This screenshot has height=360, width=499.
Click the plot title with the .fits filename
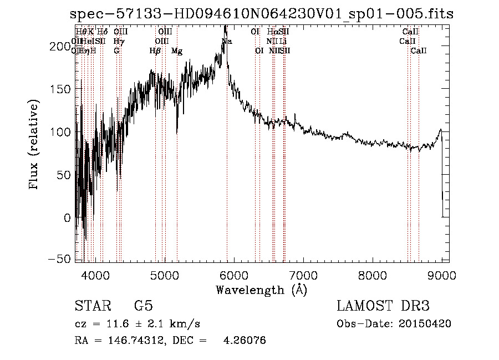click(x=262, y=14)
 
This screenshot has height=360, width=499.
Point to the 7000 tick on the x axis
click(x=303, y=274)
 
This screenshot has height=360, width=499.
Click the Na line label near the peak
click(x=227, y=42)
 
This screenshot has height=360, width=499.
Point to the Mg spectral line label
click(x=177, y=51)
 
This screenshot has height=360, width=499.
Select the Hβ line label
click(x=155, y=51)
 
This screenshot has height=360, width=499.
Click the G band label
click(x=116, y=51)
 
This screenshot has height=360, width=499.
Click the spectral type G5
click(x=144, y=306)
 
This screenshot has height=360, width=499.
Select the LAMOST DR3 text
click(x=383, y=306)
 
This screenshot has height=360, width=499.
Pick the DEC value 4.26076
click(x=244, y=341)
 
